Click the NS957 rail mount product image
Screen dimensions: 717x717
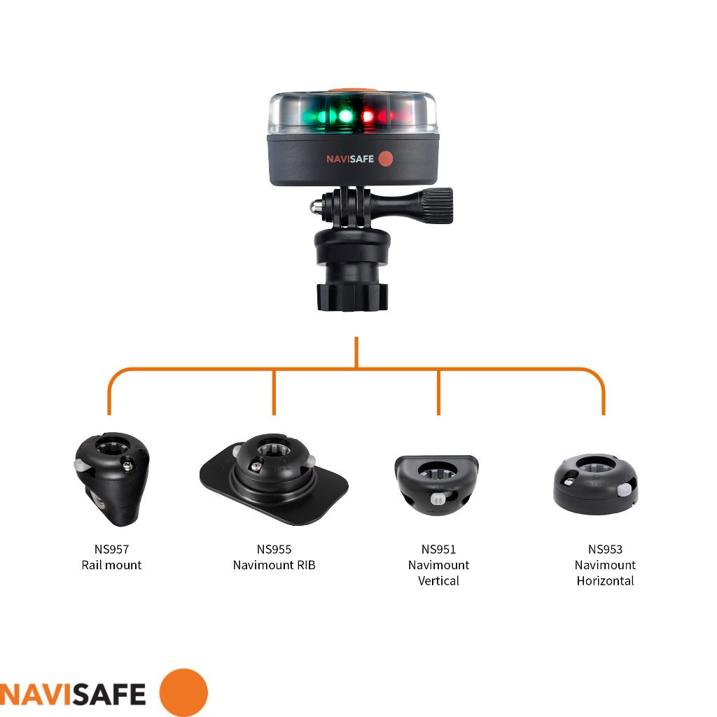point(111,480)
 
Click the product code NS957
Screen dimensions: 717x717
point(111,550)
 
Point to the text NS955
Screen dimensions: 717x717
point(274,550)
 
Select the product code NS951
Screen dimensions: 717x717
point(438,550)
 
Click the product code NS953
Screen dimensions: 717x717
point(605,550)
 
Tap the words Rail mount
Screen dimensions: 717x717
point(111,565)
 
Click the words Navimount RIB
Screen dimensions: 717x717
point(274,565)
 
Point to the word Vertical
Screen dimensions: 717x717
point(438,580)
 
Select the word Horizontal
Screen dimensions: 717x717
point(605,580)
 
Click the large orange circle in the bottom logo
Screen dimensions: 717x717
point(183,692)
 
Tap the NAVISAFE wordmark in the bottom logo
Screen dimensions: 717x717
point(73,693)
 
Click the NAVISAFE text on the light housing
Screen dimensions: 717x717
point(350,159)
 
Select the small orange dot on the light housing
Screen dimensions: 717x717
point(385,159)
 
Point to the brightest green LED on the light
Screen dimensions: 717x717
point(344,114)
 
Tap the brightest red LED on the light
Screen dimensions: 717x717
point(367,114)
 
